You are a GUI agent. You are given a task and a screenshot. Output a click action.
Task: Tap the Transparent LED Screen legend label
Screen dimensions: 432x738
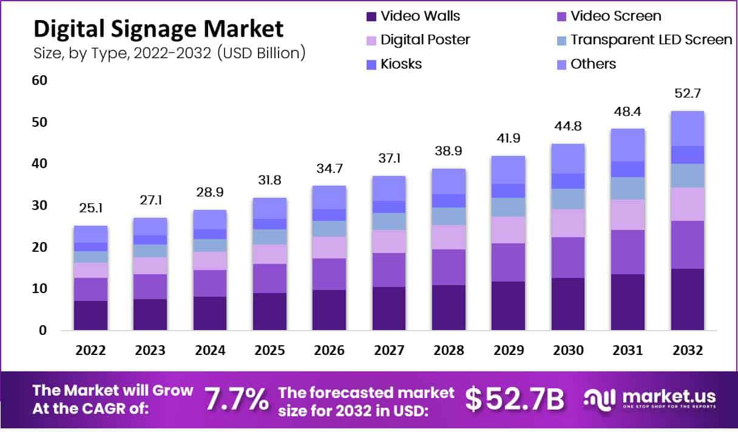[651, 40]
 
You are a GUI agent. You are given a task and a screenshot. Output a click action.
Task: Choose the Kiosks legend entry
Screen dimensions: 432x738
[401, 64]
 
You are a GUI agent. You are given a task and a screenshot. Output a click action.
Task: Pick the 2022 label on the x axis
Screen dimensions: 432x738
[90, 351]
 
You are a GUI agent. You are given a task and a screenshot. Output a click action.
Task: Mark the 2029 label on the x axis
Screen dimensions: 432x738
[508, 351]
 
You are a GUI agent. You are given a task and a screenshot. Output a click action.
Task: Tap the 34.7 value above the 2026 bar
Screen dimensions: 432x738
[329, 167]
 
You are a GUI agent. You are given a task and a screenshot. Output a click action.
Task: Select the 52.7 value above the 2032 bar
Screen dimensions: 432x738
[686, 93]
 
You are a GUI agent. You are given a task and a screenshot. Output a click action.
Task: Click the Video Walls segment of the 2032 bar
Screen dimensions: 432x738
[686, 300]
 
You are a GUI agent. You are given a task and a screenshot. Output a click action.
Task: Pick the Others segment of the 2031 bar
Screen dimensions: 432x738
[627, 144]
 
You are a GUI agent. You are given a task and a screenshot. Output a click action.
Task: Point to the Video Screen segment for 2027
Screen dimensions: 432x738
[388, 270]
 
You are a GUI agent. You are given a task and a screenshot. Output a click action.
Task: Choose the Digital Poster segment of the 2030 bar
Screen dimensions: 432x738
[567, 223]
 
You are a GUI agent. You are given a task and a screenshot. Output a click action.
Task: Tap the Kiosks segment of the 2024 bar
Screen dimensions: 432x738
[210, 234]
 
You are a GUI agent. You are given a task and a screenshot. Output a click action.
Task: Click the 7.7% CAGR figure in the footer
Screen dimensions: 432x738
[237, 399]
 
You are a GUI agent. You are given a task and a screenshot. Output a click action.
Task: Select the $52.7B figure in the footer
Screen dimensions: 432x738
[515, 399]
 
